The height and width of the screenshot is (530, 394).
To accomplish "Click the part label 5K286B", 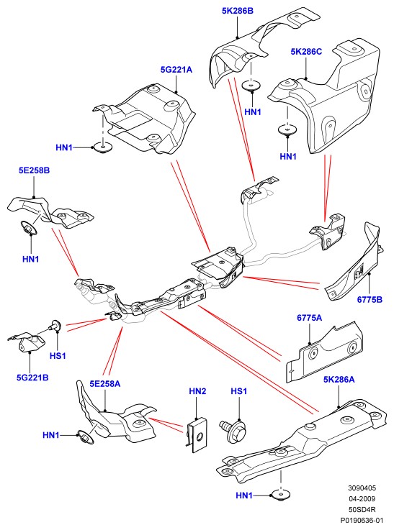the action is tap(237, 11).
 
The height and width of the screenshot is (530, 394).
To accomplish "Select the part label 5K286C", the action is tap(306, 52).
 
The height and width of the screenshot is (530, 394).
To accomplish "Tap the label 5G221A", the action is tap(176, 70).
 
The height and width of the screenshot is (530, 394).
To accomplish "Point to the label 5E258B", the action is tap(34, 170).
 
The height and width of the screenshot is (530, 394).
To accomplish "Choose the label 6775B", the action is tap(370, 299).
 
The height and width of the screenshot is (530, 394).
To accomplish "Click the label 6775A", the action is tap(310, 318).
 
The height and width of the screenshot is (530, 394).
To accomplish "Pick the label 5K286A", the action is tap(339, 380).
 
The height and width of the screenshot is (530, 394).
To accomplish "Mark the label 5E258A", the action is tap(105, 383).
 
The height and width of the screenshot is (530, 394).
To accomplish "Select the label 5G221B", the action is tap(32, 378).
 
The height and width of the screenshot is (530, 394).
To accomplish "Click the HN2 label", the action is tap(197, 391).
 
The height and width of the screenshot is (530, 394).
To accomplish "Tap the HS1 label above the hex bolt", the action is tap(238, 391).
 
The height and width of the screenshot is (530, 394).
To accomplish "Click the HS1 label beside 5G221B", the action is tap(58, 355).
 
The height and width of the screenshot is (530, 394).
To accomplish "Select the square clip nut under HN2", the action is tap(197, 435).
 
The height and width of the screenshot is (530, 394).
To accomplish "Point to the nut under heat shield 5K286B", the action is tap(252, 86).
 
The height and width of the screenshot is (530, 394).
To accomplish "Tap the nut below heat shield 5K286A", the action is tap(281, 495).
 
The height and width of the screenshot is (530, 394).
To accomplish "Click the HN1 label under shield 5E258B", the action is tap(31, 260).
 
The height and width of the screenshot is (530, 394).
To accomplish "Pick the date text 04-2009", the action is tap(362, 498).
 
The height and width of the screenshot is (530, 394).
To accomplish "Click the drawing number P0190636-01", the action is tap(362, 520).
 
